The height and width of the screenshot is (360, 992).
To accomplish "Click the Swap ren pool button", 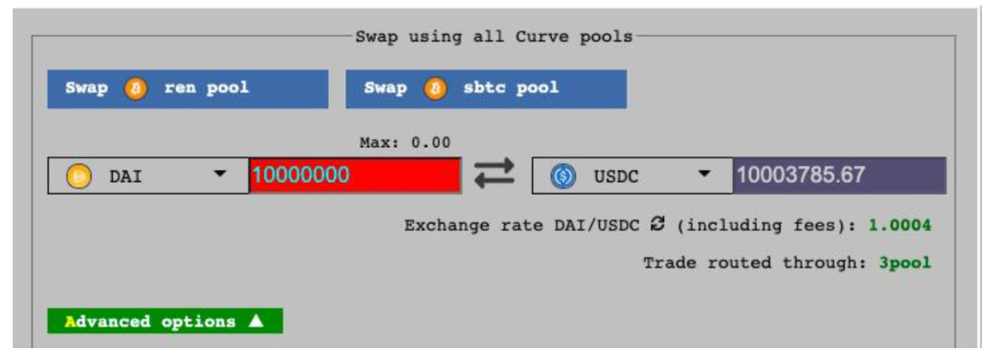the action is tap(186, 89).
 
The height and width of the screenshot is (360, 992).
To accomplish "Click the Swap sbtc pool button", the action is tap(486, 89).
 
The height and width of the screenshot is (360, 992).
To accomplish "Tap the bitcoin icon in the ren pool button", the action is tap(135, 89).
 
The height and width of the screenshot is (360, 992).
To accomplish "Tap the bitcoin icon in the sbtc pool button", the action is tap(434, 89).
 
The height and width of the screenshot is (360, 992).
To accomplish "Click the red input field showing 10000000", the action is tap(355, 175).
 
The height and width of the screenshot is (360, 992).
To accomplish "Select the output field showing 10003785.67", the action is tap(839, 175).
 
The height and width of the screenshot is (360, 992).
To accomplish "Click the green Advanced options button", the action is tap(164, 321).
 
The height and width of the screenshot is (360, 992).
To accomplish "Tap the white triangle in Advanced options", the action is tap(256, 321).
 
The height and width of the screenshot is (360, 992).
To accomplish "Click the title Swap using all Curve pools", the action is tap(494, 37).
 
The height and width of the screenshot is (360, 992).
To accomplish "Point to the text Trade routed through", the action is tap(750, 264).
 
